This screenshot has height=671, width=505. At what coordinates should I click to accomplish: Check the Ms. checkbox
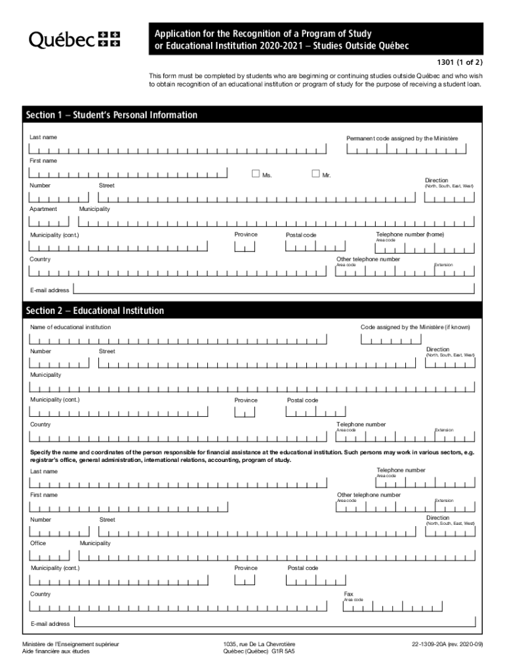tap(256, 174)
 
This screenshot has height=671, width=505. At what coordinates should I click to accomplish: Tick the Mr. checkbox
tap(315, 174)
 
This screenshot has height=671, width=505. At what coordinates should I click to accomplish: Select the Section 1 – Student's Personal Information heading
tap(111, 115)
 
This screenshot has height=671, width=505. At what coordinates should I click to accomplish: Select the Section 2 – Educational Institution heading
tap(95, 311)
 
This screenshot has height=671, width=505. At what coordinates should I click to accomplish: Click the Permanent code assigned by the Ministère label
tap(402, 138)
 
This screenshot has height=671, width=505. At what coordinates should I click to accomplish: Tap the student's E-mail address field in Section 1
tap(274, 289)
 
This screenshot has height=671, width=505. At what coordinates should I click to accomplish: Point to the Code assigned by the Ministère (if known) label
tap(415, 327)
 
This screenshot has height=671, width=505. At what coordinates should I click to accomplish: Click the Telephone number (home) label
tap(409, 234)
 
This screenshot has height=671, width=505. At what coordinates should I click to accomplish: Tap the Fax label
tap(348, 594)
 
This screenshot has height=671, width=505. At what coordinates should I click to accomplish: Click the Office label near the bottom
tap(38, 543)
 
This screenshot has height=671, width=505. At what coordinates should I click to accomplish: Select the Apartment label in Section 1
tap(43, 209)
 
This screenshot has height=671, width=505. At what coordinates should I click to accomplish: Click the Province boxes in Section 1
tap(245, 247)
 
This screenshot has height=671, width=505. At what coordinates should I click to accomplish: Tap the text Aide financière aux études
tap(56, 652)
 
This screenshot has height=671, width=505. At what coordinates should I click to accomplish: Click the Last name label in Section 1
tap(43, 137)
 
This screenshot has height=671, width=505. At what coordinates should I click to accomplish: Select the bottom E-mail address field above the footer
tap(274, 623)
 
